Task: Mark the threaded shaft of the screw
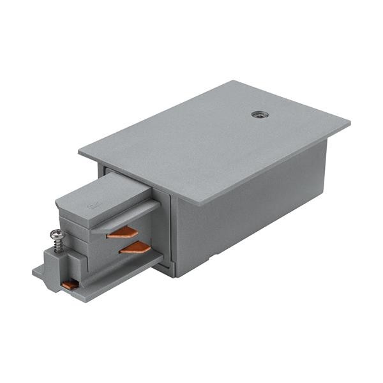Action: pos(62,246)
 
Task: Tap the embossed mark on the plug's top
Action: pos(91,206)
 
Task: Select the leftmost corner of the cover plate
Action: pos(79,152)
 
